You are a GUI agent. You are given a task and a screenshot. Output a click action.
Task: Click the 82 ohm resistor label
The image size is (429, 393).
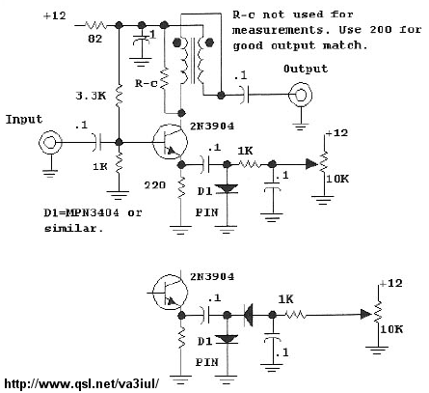(95, 39)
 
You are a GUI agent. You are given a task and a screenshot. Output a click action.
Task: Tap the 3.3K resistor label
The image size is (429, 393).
(91, 96)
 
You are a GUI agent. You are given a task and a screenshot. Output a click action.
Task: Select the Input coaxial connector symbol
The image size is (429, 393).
(50, 143)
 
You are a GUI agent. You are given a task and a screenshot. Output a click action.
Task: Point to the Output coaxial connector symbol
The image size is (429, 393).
(300, 95)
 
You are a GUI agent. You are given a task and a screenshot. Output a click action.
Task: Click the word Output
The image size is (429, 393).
(306, 69)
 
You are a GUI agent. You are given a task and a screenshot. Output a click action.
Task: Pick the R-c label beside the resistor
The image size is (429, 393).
(147, 83)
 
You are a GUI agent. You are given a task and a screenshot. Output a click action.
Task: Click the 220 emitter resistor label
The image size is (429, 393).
(155, 185)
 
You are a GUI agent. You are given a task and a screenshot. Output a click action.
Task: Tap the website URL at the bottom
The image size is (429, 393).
(82, 383)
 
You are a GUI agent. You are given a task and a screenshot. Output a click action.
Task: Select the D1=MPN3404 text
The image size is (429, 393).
(81, 212)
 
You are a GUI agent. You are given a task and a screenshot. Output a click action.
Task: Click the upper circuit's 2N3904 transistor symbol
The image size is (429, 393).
(170, 142)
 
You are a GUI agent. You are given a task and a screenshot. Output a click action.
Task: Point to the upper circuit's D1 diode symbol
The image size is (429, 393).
(227, 189)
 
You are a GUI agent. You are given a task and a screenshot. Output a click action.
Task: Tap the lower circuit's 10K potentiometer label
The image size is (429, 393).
(391, 329)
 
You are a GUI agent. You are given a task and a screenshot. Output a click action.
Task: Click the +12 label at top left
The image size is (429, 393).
(55, 15)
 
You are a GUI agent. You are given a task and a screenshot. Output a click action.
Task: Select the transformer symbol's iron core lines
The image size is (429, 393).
(193, 61)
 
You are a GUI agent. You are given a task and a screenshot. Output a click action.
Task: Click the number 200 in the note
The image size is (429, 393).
(381, 30)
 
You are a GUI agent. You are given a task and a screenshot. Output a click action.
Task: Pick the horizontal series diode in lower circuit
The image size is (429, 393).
(248, 315)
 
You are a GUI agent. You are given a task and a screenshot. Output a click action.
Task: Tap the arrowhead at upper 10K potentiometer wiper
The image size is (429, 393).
(311, 164)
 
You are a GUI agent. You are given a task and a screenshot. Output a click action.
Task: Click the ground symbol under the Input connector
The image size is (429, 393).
(50, 174)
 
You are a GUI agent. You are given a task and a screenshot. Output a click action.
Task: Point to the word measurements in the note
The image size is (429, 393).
(278, 30)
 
